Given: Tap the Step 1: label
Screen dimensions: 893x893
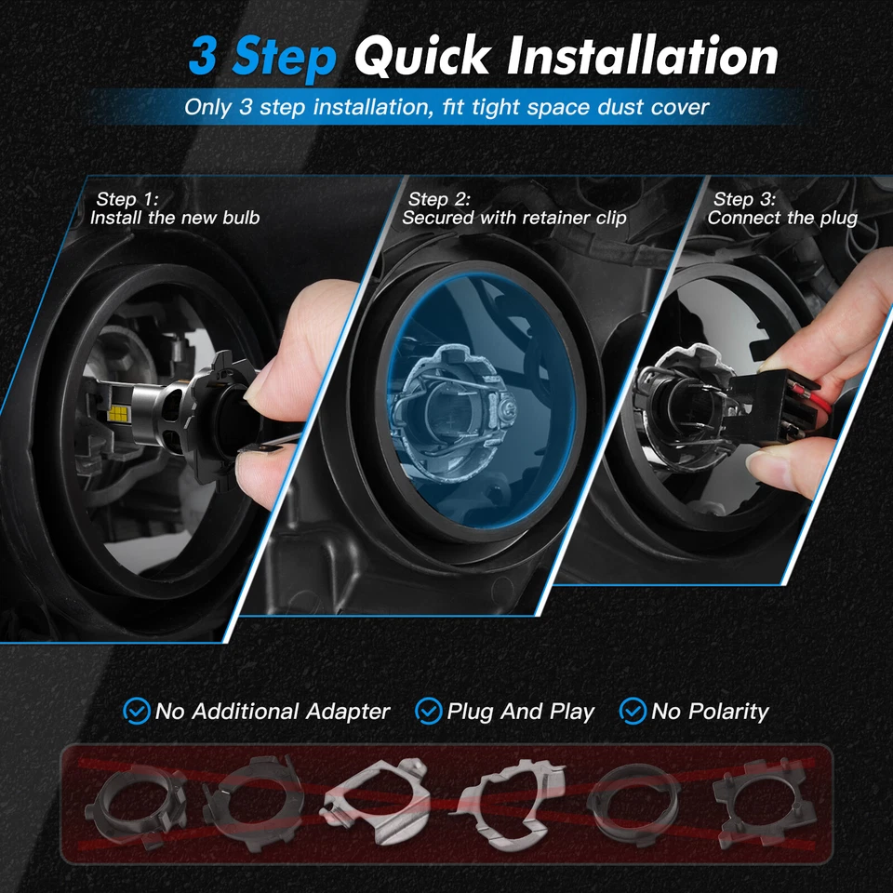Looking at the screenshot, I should click(127, 199).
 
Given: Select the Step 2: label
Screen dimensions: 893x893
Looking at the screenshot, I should click(439, 199).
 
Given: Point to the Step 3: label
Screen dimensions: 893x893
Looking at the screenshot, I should click(744, 199).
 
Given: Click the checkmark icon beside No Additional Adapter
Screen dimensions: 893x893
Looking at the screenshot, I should click(137, 712).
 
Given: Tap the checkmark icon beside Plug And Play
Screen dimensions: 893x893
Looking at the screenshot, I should click(428, 712).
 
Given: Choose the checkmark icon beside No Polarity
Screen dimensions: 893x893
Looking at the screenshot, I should click(633, 712).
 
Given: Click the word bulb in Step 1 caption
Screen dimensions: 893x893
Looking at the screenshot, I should click(240, 219).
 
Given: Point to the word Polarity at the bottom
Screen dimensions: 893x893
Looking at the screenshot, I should click(723, 713).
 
